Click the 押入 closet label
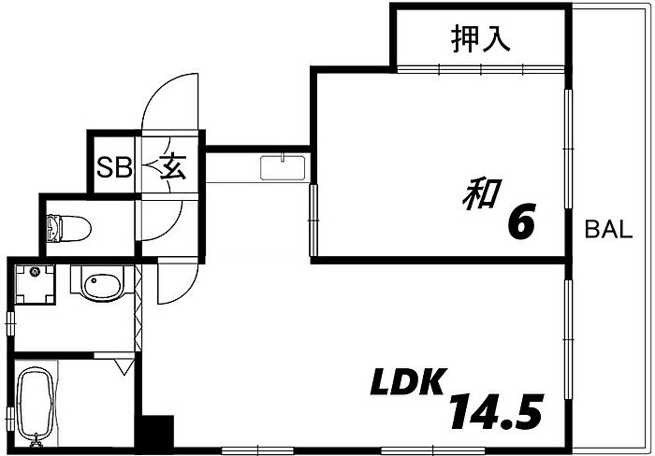tap(480, 39)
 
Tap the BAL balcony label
tap(608, 230)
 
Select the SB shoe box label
tap(114, 167)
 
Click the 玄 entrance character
tap(173, 166)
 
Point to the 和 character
tap(482, 195)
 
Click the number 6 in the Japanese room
tap(521, 221)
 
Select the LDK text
tap(407, 382)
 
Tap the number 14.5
tap(496, 411)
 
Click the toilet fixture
tap(68, 228)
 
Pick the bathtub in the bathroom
tap(36, 406)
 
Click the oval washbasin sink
tap(102, 285)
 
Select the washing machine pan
tap(36, 284)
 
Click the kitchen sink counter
tap(283, 167)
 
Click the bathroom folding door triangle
tap(124, 366)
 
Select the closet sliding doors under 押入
tap(480, 69)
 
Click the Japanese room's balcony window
tap(568, 148)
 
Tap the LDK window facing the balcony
tap(568, 339)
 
